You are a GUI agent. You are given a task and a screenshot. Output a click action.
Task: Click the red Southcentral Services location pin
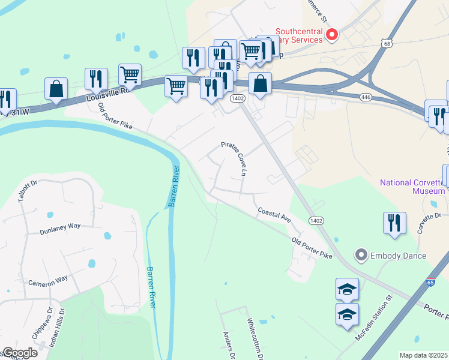click(x=330, y=35)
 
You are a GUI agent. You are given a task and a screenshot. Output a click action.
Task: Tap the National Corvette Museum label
click(x=412, y=187)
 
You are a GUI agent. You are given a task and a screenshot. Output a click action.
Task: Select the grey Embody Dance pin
click(x=361, y=256)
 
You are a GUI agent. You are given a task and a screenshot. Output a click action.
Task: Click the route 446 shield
click(x=366, y=97)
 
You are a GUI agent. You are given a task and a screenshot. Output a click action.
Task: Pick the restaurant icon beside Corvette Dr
click(x=394, y=222)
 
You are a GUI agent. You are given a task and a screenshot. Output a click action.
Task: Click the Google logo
click(x=19, y=353)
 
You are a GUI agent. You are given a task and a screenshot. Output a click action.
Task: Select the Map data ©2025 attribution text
click(x=423, y=355)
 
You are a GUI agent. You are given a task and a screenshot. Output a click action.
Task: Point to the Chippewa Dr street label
click(x=41, y=324)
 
